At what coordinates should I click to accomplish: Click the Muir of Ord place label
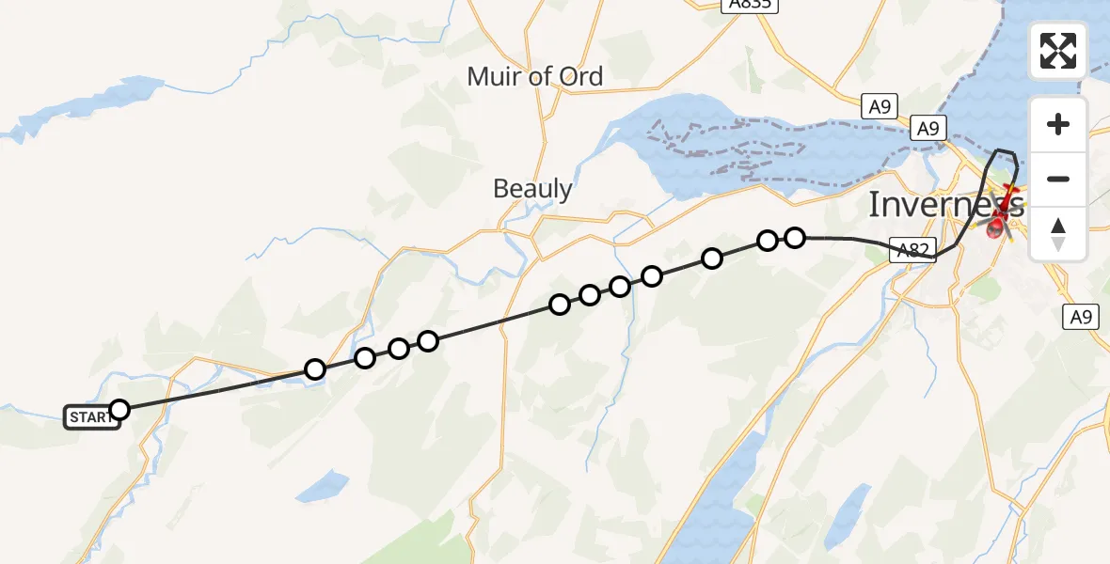coord(534,77)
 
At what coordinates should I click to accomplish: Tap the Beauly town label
coord(532,189)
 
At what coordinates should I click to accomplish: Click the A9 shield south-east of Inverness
coord(1080,317)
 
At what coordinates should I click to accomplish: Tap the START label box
coord(90,417)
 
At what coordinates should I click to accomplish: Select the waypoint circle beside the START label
coord(119,409)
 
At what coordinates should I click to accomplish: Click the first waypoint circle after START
coord(315,369)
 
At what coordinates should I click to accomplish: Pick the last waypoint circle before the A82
coord(795,237)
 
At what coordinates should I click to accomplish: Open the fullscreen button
coord(1058,51)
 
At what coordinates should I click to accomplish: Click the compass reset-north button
coord(1058,233)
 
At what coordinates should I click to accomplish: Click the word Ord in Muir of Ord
coord(580,77)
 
